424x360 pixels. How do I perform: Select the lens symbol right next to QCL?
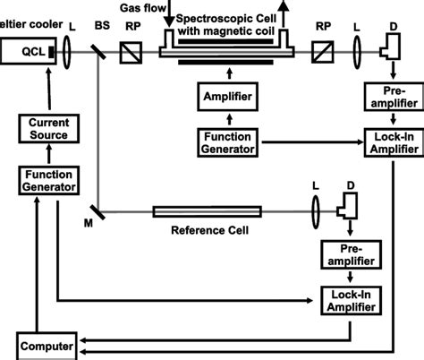coord(71,54)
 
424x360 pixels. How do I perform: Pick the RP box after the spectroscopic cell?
coord(320,54)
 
